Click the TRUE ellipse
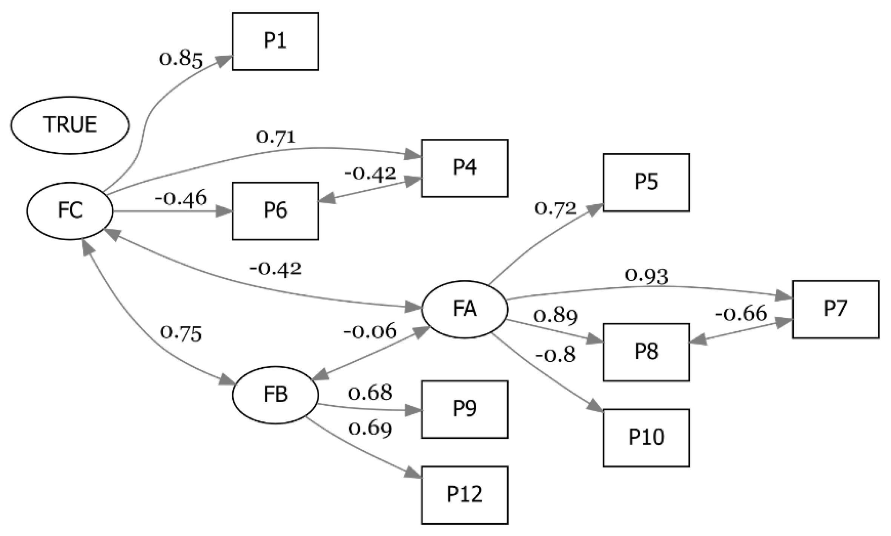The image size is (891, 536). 70,125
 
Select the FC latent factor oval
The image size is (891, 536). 70,211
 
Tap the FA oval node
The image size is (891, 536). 464,309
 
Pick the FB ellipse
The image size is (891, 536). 275,395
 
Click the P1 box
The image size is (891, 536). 275,41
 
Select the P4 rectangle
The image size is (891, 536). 464,168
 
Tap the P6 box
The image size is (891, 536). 275,211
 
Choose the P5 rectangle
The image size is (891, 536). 646,182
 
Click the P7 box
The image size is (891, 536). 836,309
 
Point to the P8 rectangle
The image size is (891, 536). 646,352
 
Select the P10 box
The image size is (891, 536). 646,438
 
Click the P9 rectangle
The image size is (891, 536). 464,409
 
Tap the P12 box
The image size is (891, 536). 464,495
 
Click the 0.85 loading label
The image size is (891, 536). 181,60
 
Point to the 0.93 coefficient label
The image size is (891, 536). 646,276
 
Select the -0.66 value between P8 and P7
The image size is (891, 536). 741,314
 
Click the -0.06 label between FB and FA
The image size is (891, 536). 370,331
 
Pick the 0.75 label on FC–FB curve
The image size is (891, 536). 181,334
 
